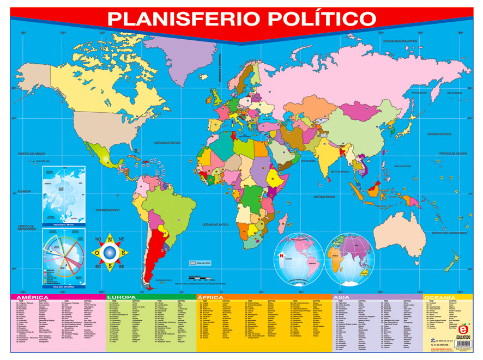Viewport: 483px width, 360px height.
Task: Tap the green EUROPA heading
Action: pos(122,297)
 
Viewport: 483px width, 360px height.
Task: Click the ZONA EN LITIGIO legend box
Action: pos(193,263)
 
